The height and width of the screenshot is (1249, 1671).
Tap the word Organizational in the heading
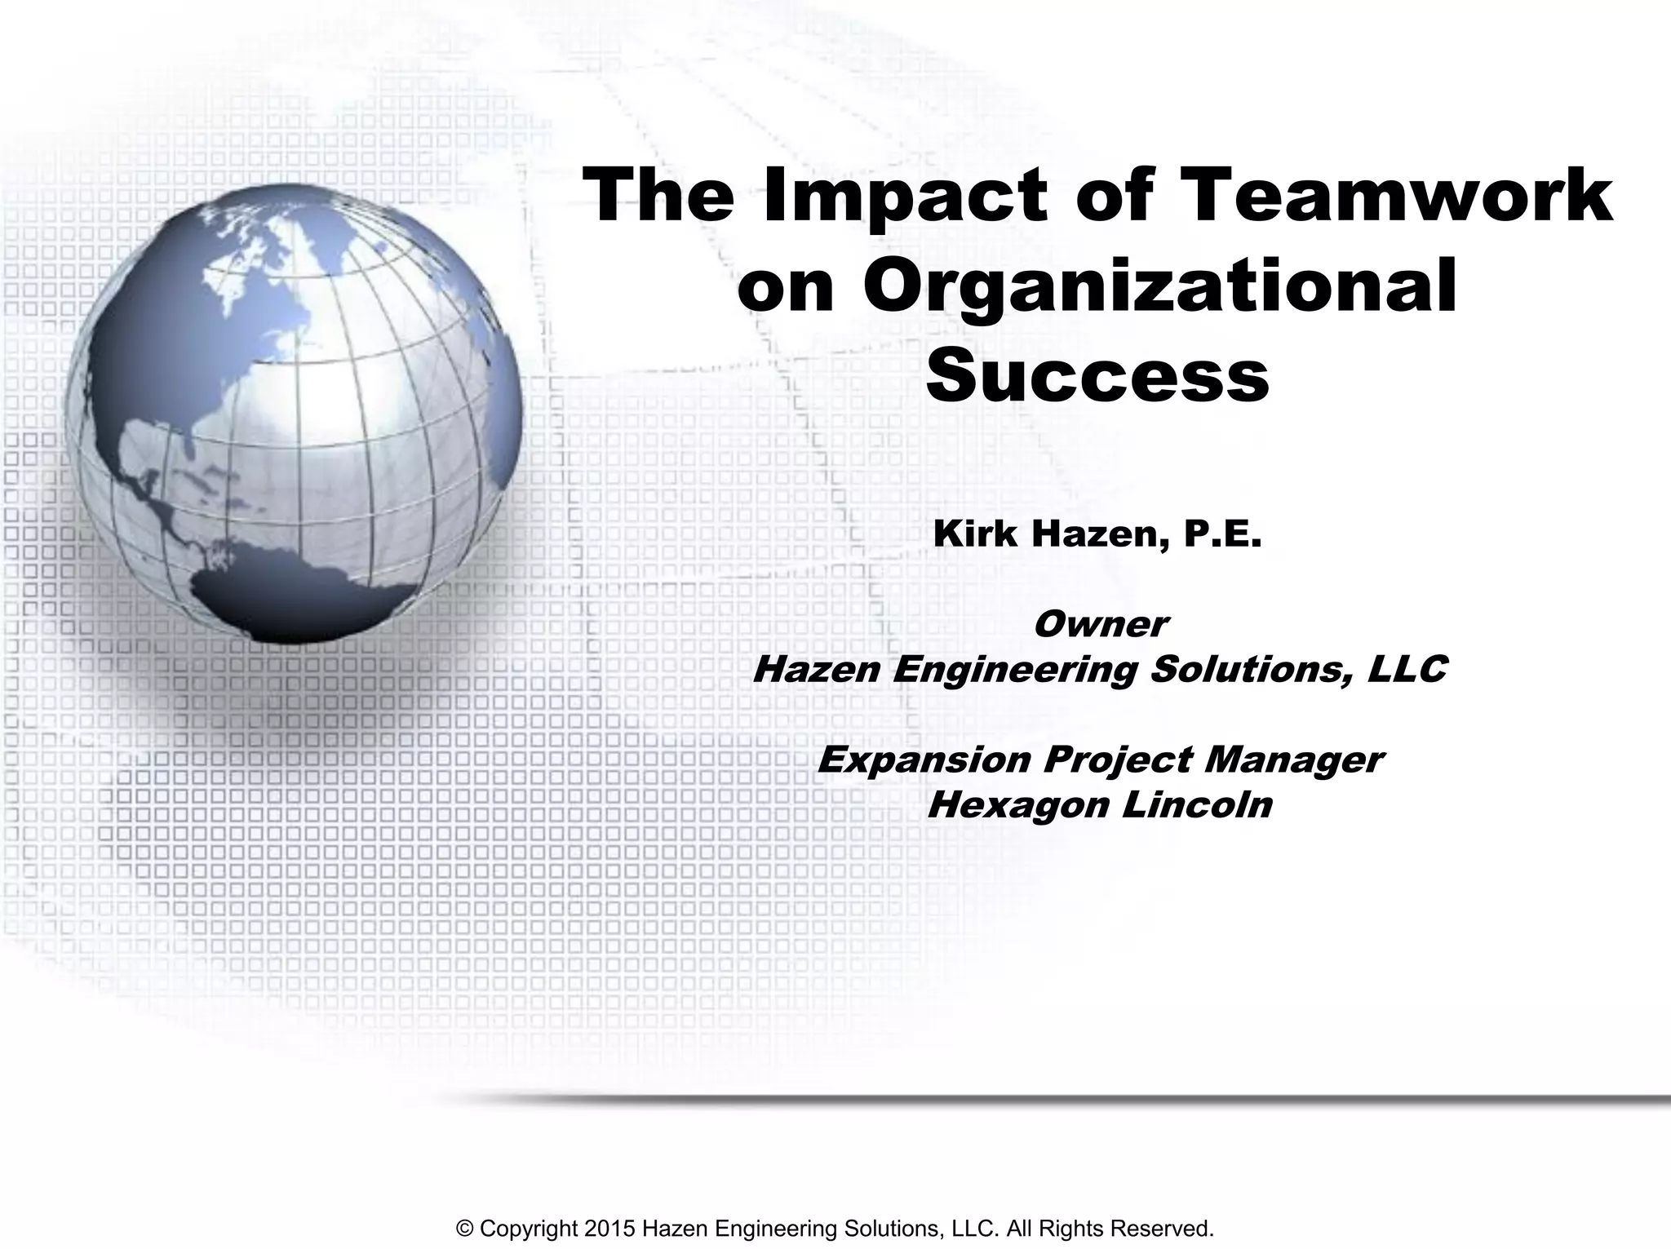click(x=1159, y=287)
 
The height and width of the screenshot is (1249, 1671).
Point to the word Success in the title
click(x=1097, y=377)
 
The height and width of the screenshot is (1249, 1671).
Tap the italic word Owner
click(x=1100, y=625)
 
